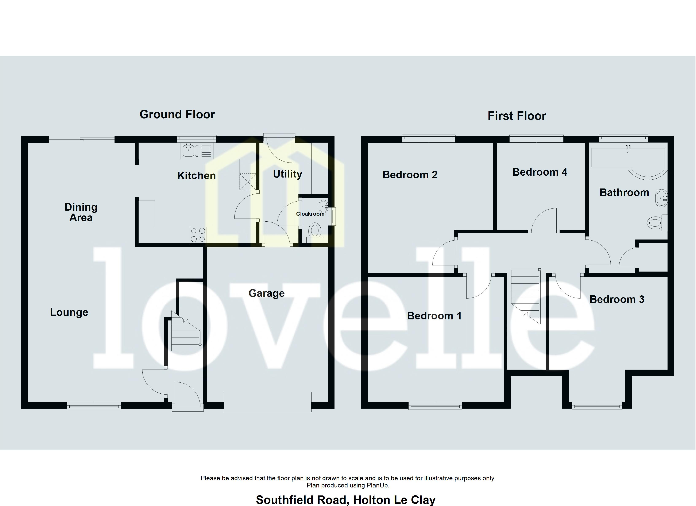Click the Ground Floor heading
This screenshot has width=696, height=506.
coord(177,114)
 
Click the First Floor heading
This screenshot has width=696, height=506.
coord(517,116)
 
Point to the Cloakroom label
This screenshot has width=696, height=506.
coord(310,214)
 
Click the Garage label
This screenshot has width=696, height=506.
coord(266,293)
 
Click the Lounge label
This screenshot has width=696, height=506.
coord(69,312)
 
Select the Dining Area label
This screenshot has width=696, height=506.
coord(81,212)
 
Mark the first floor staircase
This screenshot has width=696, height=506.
coord(526,295)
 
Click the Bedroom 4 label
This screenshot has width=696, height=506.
coord(540,172)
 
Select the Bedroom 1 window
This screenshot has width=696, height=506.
coord(435,406)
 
